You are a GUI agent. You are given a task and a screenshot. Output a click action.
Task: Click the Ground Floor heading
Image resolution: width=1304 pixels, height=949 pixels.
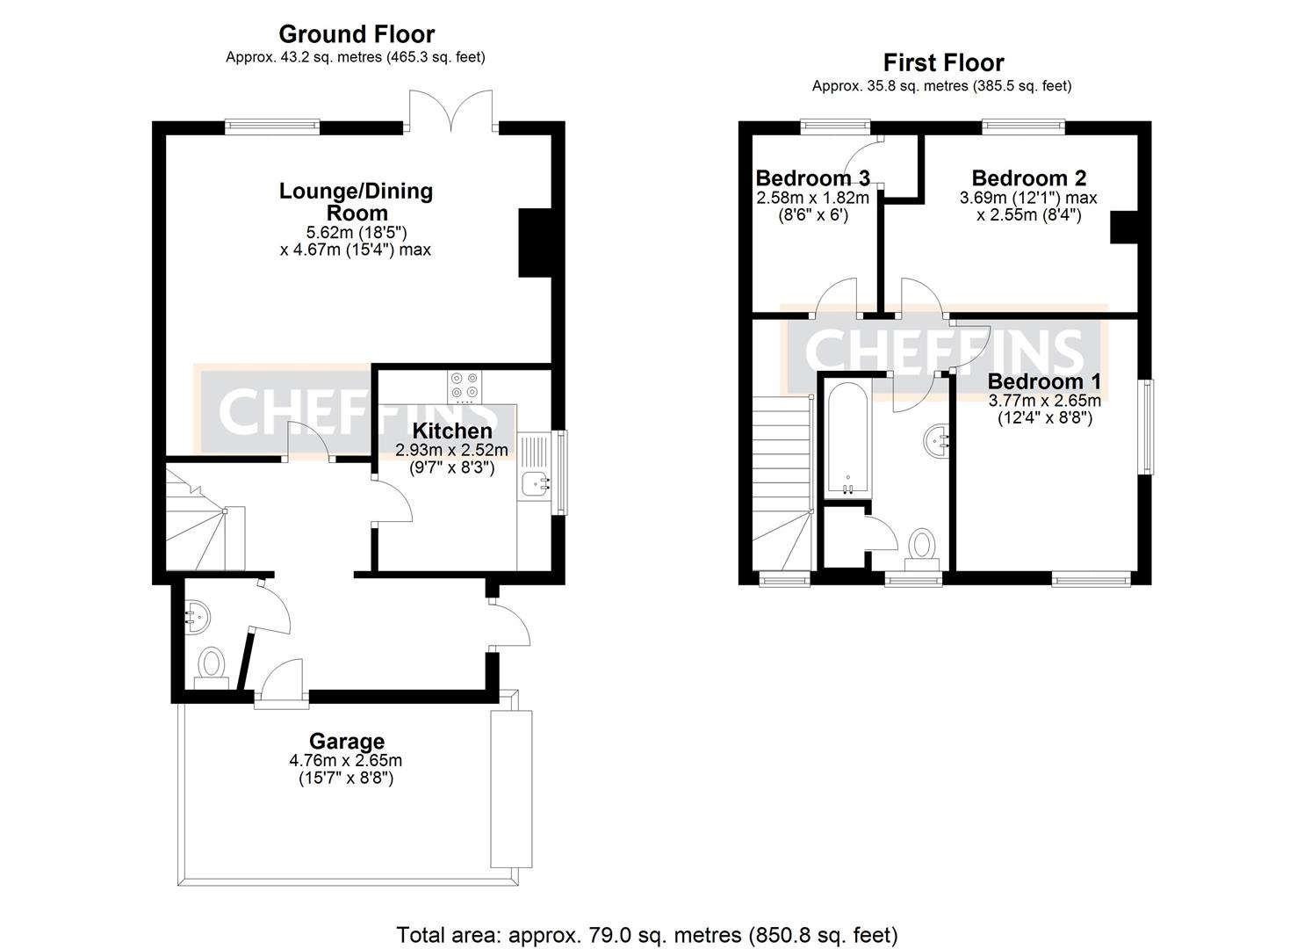pos(356,34)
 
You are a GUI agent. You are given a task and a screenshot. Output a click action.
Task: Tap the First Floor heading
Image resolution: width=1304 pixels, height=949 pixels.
pos(942,62)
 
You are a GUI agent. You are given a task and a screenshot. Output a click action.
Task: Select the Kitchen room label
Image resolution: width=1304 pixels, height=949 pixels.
pos(451,431)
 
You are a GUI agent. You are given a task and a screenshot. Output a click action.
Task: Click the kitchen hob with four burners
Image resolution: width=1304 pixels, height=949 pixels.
pos(463,385)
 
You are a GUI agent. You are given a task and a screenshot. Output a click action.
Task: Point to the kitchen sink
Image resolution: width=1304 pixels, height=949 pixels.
pos(534,482)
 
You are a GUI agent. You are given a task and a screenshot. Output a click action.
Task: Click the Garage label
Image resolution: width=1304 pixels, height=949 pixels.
pos(346,742)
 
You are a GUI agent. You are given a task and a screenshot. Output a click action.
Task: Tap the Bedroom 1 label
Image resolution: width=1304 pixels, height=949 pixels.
pos(1043,381)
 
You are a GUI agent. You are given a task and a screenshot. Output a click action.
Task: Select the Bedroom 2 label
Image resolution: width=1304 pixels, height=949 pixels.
pos(1028,178)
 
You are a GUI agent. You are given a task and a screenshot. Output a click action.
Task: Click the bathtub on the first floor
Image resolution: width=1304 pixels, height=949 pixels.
pos(847,439)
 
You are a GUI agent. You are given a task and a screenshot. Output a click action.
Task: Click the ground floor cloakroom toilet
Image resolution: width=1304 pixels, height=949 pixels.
pos(212,663)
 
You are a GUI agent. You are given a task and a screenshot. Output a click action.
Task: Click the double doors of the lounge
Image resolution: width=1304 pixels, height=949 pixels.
pos(452,110)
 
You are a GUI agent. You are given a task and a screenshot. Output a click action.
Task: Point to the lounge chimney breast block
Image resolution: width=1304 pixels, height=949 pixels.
pos(534,243)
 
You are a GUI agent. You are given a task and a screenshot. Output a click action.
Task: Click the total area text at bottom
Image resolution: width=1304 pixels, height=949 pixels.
pos(647,935)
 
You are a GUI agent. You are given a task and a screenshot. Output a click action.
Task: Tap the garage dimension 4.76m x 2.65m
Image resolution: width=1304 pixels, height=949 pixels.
pos(346,760)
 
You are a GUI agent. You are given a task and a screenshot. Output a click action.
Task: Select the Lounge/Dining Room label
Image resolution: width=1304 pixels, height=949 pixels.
pos(356,201)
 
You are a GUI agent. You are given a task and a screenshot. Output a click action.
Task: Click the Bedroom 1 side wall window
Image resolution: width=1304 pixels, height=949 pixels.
pos(1145,426)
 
